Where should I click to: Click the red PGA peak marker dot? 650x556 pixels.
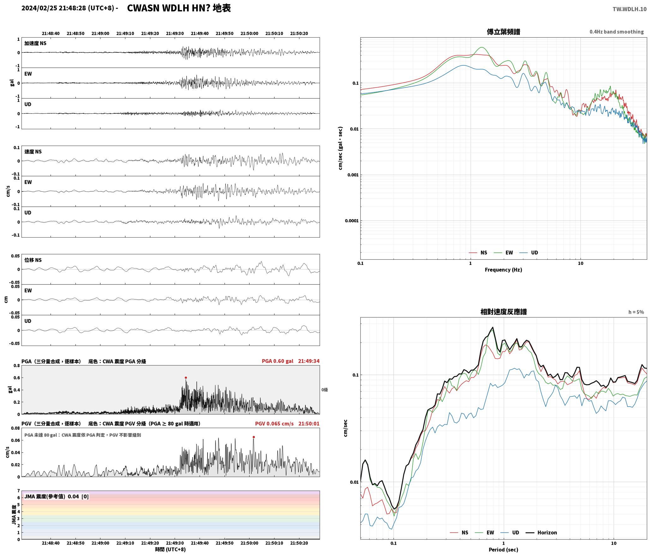click(x=186, y=378)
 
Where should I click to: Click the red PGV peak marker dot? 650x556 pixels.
click(x=254, y=437)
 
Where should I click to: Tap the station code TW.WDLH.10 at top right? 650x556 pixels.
click(x=629, y=9)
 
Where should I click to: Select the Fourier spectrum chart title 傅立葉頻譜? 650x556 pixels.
click(x=503, y=32)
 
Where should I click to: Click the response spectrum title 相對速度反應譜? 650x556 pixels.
click(x=503, y=312)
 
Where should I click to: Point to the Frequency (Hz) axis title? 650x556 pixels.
click(x=503, y=269)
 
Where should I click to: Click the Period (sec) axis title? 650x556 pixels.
click(x=503, y=550)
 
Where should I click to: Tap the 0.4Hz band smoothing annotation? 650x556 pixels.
click(x=617, y=32)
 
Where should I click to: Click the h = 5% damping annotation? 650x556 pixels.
click(x=636, y=312)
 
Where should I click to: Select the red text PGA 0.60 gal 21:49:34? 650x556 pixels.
click(x=291, y=361)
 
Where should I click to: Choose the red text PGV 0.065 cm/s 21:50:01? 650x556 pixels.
click(x=287, y=424)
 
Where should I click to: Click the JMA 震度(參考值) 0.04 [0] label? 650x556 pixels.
click(x=57, y=496)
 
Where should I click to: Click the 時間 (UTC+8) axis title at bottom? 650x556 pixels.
click(x=170, y=549)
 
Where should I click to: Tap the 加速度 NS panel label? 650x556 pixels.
click(x=35, y=43)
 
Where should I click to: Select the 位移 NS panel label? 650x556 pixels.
click(x=33, y=260)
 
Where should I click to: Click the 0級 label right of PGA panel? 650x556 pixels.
click(x=325, y=390)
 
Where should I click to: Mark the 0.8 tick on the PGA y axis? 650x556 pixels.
click(x=16, y=366)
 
